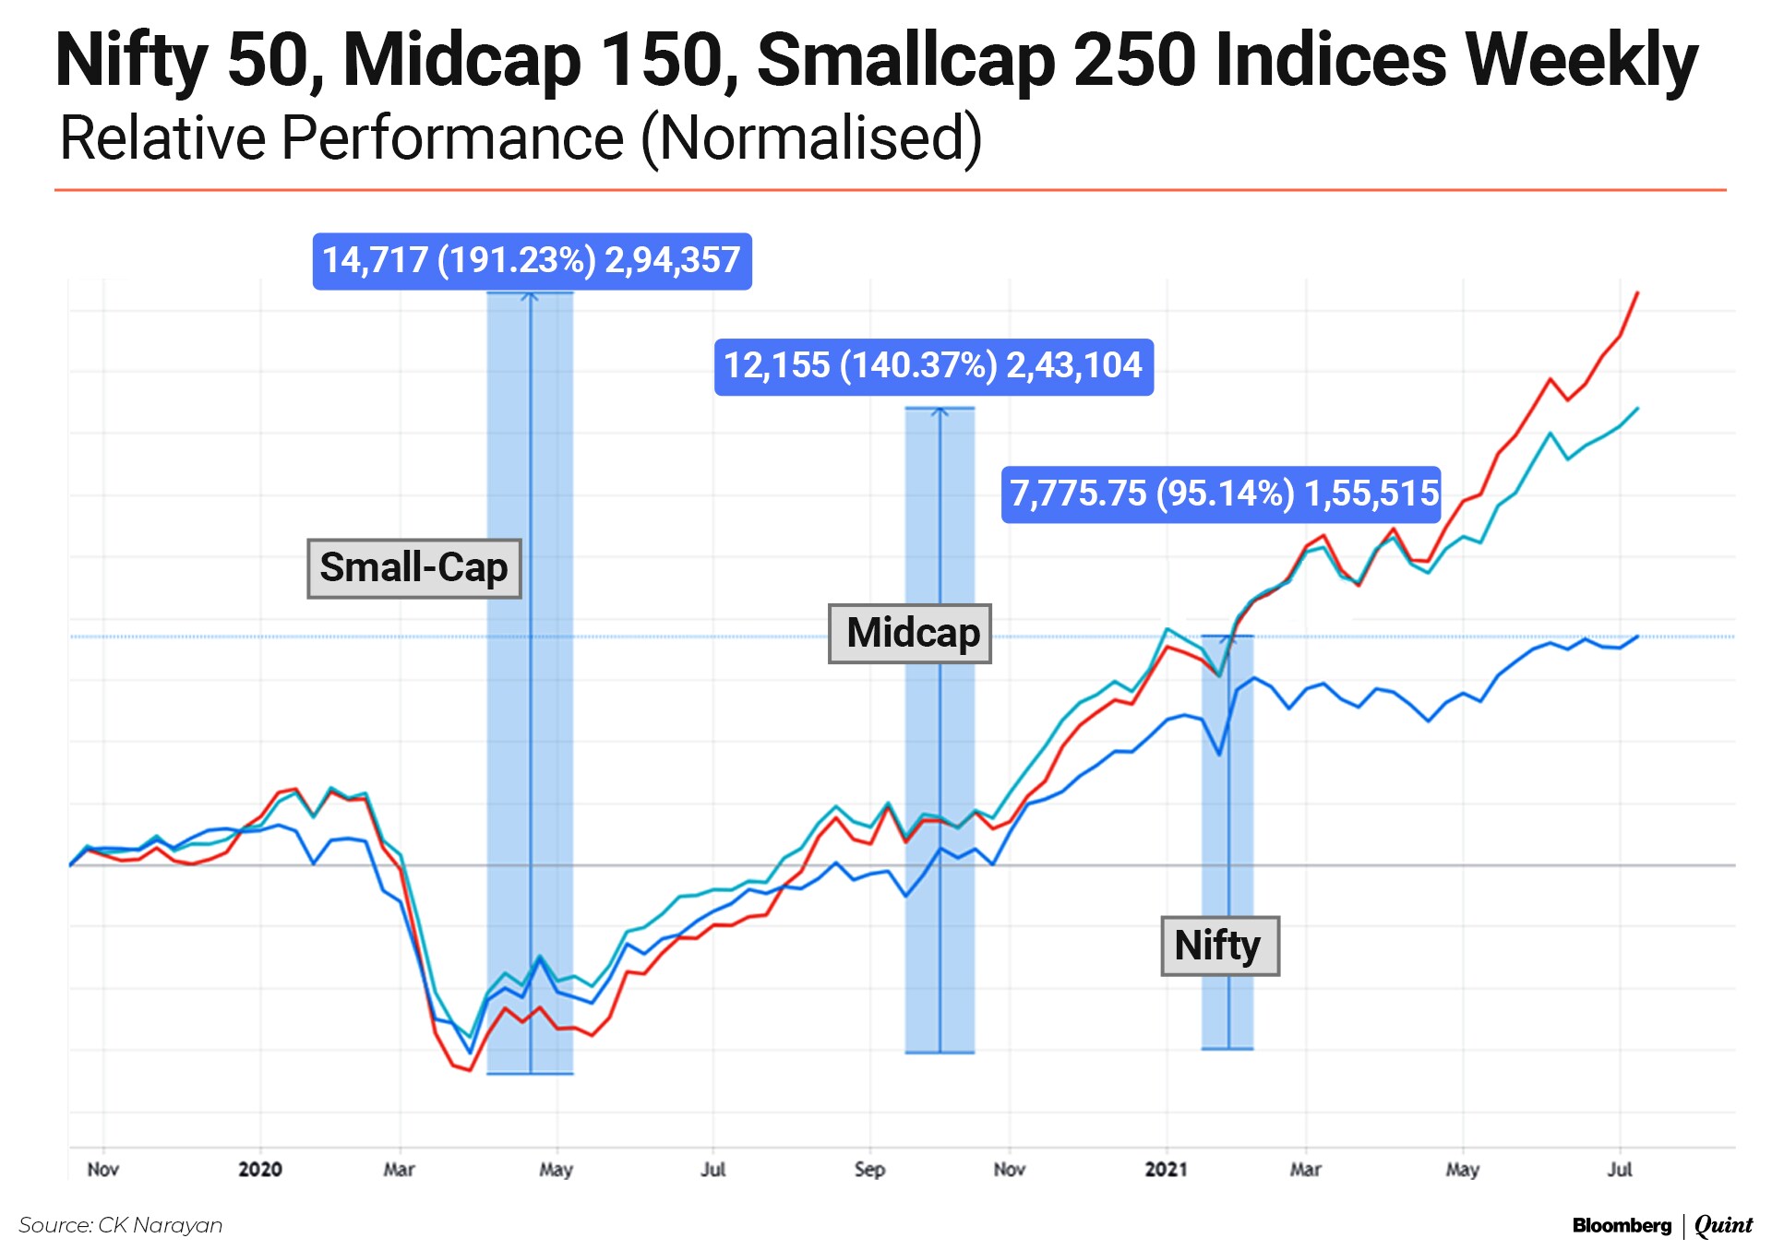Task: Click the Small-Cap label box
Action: click(x=413, y=568)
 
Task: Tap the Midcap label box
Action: click(x=910, y=634)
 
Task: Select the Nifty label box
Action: click(x=1219, y=946)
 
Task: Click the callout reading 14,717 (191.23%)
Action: click(x=532, y=261)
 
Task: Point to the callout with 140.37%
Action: click(x=933, y=366)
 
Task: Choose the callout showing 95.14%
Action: click(x=1221, y=494)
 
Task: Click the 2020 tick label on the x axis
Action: click(x=260, y=1170)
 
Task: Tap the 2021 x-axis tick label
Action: click(x=1166, y=1170)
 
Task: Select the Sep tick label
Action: click(x=869, y=1170)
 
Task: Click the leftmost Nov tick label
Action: click(x=102, y=1170)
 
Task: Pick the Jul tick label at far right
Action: click(x=1620, y=1170)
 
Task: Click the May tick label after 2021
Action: click(x=1462, y=1170)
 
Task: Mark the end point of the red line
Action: click(x=1637, y=292)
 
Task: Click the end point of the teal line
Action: click(x=1637, y=408)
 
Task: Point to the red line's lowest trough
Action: click(x=470, y=1070)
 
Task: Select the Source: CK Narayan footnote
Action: click(x=121, y=1225)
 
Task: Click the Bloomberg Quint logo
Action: click(x=1661, y=1225)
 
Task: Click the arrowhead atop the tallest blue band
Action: click(x=530, y=295)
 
